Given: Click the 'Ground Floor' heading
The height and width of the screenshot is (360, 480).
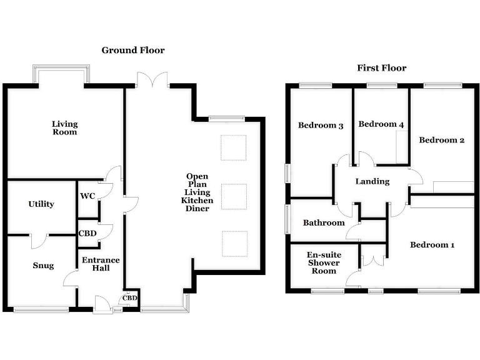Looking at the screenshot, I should [133, 50].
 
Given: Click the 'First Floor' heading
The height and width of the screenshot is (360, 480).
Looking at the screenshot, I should [381, 68].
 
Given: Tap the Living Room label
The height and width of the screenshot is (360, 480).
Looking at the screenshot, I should [65, 128].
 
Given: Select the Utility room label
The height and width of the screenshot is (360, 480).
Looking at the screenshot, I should [41, 204].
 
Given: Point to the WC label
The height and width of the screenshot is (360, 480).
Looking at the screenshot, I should [87, 196].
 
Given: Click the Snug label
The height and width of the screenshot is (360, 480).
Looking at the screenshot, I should [43, 266].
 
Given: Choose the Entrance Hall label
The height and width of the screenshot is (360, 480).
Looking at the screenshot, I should [101, 264].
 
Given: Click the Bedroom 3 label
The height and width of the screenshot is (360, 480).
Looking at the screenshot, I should [321, 126].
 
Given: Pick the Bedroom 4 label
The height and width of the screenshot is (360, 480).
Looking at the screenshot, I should [381, 124].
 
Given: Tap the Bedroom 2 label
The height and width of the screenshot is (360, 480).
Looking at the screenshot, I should [441, 140].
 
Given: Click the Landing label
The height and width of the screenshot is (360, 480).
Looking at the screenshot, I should [372, 182].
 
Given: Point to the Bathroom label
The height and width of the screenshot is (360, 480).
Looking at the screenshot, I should [324, 223].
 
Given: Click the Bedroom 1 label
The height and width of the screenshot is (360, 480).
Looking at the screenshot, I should [432, 245].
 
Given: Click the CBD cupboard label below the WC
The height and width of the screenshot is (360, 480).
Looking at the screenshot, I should [87, 233].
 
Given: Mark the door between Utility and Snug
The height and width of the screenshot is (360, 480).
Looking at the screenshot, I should [39, 240].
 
